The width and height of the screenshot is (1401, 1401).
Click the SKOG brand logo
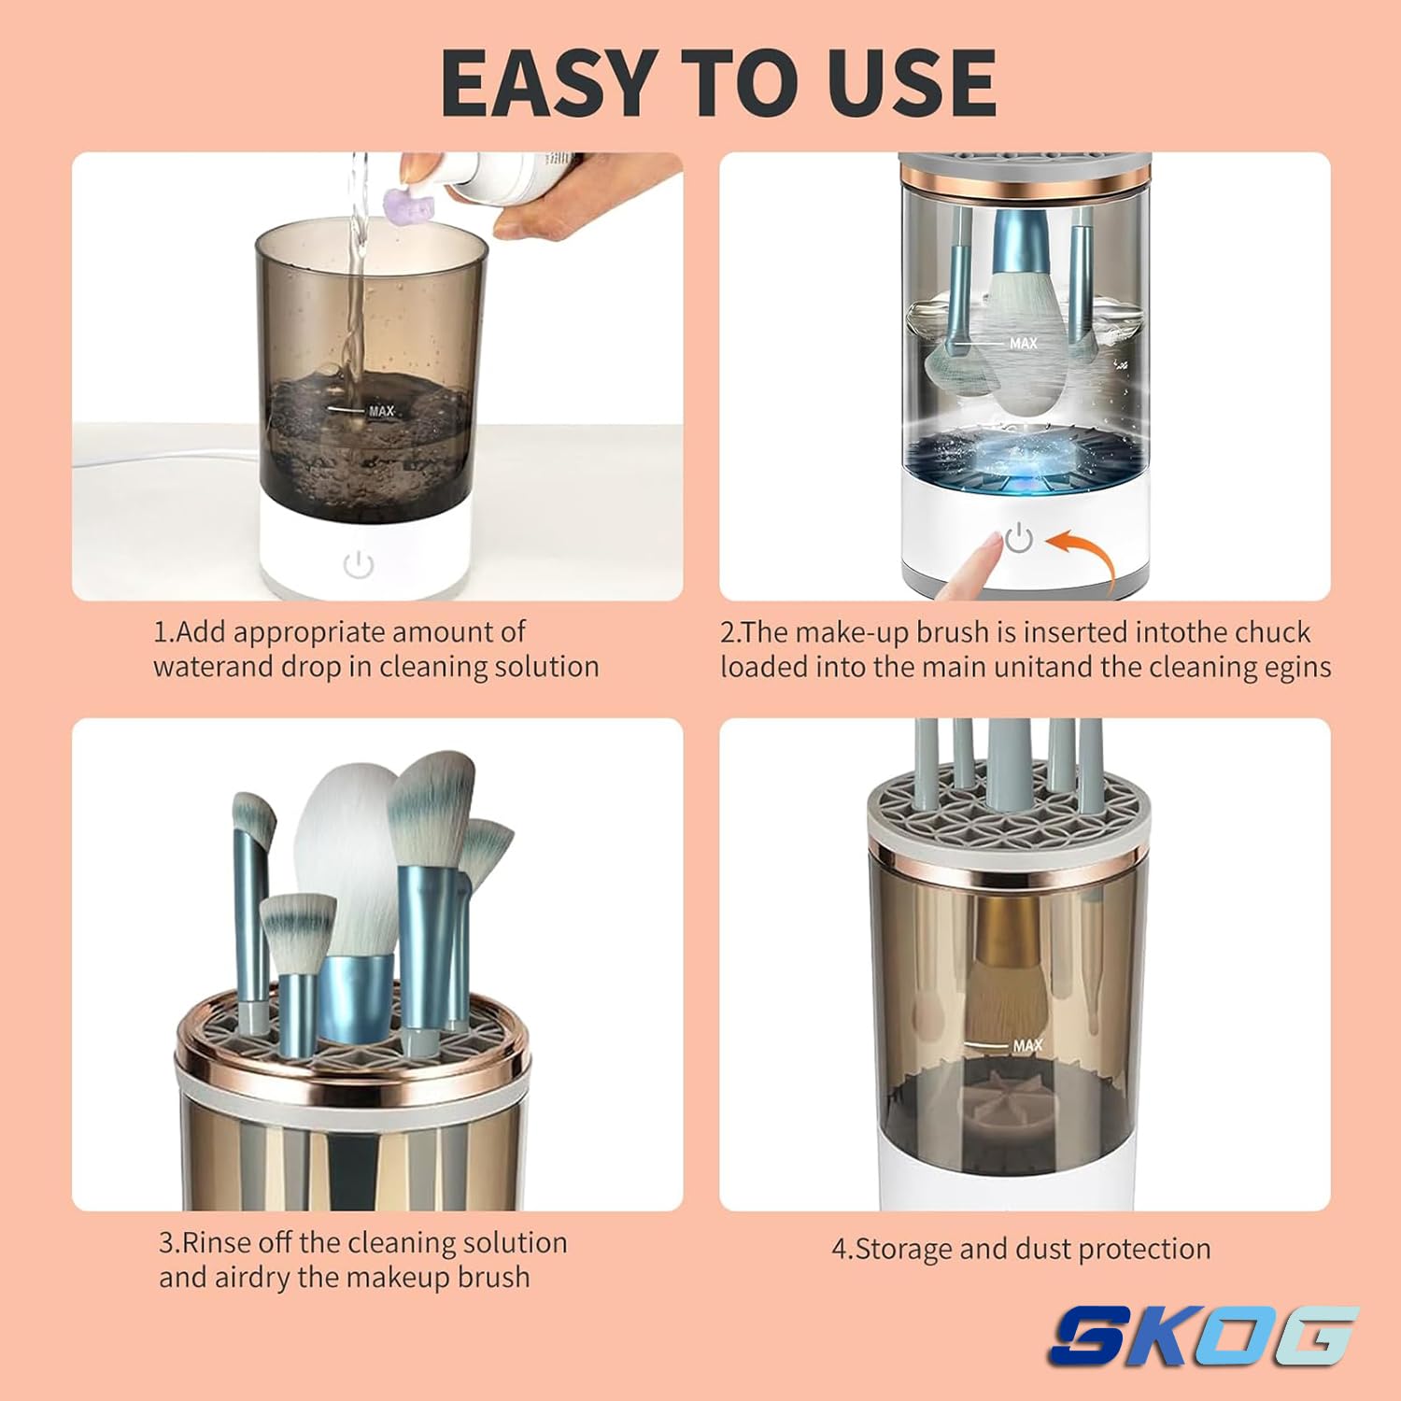click(x=1203, y=1336)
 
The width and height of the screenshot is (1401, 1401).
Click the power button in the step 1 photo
click(x=359, y=564)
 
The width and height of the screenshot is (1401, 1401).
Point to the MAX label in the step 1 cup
click(x=381, y=410)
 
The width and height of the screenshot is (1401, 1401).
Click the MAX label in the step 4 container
click(x=1027, y=1045)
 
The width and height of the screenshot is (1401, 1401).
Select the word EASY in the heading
click(x=552, y=82)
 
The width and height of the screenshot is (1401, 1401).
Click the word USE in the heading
click(x=912, y=82)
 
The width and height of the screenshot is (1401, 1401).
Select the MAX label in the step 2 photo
click(x=1024, y=344)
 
